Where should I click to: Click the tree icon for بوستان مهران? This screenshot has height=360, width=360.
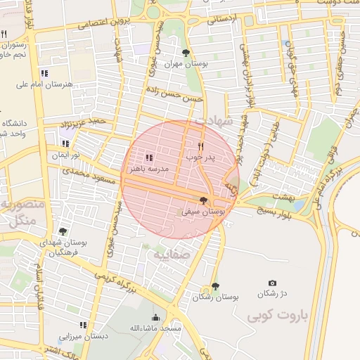point(186,53)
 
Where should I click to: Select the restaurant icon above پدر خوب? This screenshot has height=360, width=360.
point(200,146)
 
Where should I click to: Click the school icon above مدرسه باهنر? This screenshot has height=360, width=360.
point(148,157)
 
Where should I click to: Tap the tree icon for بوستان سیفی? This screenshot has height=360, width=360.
point(204,200)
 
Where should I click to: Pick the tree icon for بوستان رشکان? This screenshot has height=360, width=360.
point(215,286)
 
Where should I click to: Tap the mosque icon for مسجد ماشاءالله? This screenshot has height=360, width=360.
point(156,318)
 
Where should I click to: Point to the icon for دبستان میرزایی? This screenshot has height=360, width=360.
point(83,325)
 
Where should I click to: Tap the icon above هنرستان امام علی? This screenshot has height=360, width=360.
point(44,73)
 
